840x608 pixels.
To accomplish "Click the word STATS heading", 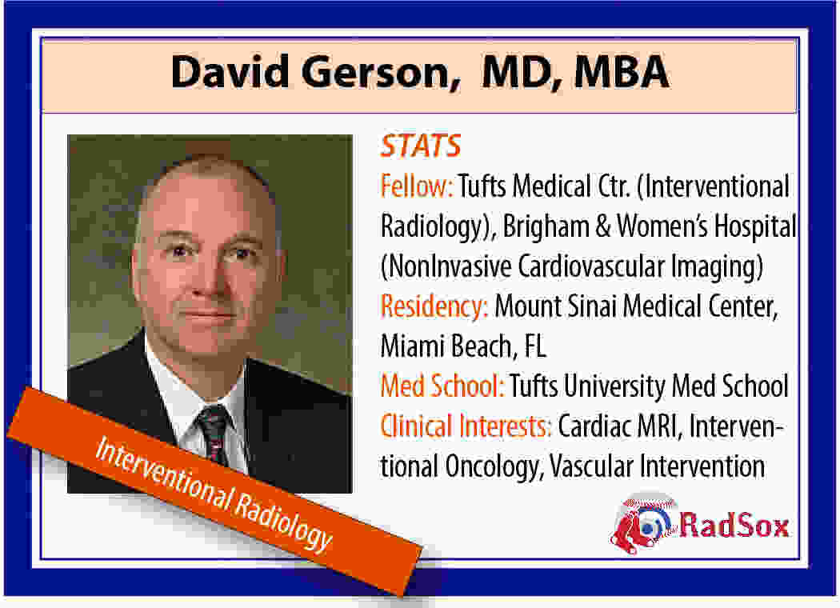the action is point(421,146).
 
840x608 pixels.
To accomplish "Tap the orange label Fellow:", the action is point(417,186).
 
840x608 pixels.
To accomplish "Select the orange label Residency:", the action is point(434,307).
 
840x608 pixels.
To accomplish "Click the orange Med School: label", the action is point(442,386).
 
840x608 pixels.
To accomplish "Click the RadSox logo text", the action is point(734,525).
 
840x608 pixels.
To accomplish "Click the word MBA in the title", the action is point(622,72).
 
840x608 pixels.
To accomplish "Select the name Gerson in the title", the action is point(380,73).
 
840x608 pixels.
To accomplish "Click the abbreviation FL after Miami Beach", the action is point(535,346).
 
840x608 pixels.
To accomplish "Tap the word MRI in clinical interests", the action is point(659,427).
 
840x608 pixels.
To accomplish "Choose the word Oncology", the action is point(494,467).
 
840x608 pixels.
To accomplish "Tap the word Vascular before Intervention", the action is point(591,466).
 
